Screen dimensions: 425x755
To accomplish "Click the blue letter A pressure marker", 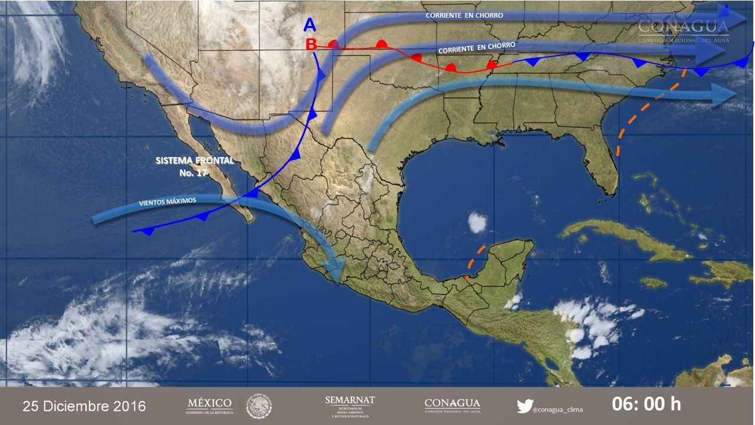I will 310,25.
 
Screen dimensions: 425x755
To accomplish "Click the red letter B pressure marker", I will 311,44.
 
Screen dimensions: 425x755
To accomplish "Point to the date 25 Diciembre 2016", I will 84,406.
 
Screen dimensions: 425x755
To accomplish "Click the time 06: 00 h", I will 646,404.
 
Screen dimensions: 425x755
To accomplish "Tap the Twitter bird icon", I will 525,406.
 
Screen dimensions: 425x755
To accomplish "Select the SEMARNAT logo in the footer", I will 350,406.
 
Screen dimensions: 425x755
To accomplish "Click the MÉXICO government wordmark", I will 209,406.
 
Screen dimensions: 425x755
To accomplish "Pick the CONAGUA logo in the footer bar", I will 452,406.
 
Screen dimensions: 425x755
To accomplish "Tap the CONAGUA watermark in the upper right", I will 684,30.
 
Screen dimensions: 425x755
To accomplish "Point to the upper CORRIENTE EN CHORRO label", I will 465,15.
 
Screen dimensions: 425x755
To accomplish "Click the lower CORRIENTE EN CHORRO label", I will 477,48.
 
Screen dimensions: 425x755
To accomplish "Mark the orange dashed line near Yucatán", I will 475,260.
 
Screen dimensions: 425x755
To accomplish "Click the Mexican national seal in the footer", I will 259,407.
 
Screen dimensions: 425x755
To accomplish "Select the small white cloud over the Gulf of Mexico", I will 477,223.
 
